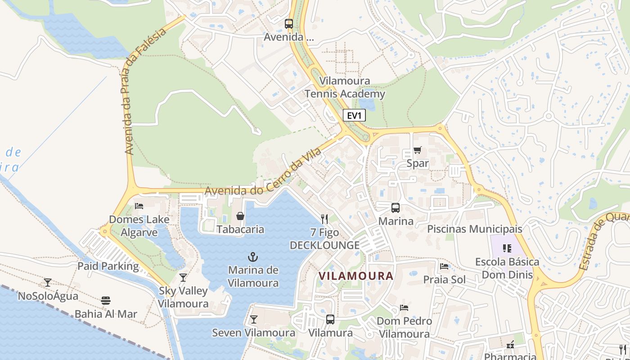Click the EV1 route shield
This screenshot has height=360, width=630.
point(354,116)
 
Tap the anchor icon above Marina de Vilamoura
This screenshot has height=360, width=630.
point(253,257)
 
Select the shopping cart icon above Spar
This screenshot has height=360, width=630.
point(418,150)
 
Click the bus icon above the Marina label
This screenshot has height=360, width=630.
point(396,207)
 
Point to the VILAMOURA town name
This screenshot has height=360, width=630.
point(355,276)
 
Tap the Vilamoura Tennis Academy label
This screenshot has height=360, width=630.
point(345,87)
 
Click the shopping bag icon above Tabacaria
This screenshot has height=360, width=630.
point(240,216)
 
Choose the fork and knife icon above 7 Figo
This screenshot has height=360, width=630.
point(324,219)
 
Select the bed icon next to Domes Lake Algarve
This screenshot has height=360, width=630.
point(139,206)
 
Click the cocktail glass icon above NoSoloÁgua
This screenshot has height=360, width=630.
point(48,283)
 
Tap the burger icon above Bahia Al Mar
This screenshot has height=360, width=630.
point(106,300)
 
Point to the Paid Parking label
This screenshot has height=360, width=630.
point(108,266)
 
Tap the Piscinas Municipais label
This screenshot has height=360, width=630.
point(474,229)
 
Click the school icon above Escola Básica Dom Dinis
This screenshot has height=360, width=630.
point(507,248)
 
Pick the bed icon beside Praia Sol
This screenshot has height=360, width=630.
point(444,266)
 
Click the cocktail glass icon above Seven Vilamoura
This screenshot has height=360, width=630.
point(254,319)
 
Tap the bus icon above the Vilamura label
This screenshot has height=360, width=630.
point(330,319)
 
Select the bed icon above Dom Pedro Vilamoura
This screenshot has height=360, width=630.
point(404,308)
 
